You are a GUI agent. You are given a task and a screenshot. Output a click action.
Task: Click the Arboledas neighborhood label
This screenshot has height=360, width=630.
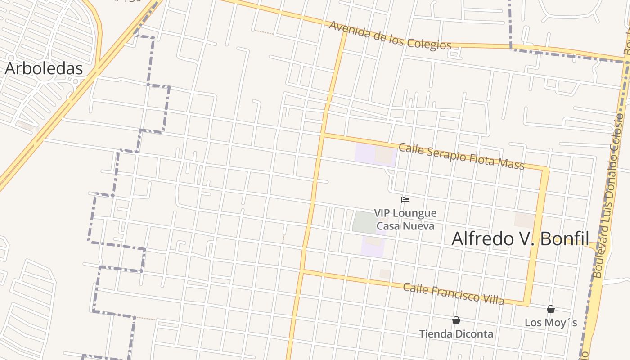[44, 68]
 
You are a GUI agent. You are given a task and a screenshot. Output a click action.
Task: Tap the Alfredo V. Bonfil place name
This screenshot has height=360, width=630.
[520, 238]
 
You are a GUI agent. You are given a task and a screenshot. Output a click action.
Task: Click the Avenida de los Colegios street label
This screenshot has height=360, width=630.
[390, 35]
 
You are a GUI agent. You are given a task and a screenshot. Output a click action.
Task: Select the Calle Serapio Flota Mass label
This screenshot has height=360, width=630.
[461, 156]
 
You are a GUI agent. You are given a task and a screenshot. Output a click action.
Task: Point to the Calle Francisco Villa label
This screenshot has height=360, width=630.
[453, 294]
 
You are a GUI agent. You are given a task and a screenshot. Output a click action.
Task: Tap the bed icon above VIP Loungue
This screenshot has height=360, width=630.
[405, 200]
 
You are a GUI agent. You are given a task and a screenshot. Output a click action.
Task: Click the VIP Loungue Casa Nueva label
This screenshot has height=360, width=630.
[405, 219]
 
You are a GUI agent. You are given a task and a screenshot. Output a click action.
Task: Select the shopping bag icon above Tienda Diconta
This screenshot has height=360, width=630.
[456, 320]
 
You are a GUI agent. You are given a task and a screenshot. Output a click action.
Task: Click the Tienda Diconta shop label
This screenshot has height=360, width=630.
[456, 334]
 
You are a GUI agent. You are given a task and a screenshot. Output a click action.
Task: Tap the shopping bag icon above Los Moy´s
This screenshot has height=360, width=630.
[550, 309]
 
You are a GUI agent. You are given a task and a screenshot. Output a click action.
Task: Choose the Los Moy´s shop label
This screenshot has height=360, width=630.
[550, 323]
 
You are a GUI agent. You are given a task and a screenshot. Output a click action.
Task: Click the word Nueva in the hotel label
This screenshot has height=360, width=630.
[418, 225]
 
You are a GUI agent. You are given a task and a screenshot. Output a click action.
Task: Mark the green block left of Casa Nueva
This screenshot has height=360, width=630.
[364, 222]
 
